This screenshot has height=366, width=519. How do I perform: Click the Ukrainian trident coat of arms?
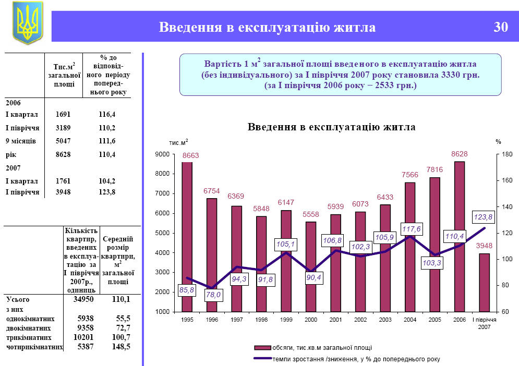[x=28, y=22]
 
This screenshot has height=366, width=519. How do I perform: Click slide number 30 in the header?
[x=500, y=27]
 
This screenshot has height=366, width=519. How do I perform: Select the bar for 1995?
[x=187, y=237]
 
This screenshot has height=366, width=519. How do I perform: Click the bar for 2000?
[x=311, y=266]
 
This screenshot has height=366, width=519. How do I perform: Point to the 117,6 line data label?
[x=411, y=229]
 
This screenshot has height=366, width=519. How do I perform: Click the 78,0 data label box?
[x=212, y=295]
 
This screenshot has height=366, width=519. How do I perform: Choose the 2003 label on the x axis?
[x=385, y=319]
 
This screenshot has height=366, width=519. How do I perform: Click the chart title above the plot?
[x=331, y=127]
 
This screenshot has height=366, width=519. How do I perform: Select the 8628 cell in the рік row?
[x=63, y=155]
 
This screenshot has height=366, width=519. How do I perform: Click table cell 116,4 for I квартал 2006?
[x=107, y=114]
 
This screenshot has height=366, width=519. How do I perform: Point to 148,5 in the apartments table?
[x=121, y=347]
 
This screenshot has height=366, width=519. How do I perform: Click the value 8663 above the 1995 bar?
[x=190, y=155]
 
